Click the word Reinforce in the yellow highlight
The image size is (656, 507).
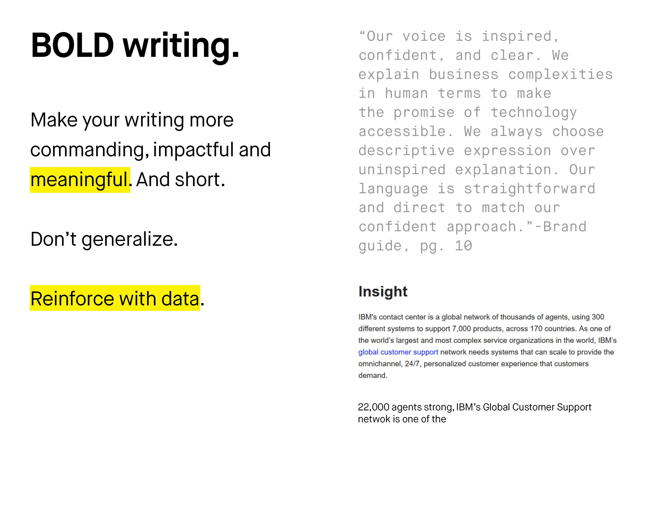pyautogui.click(x=72, y=299)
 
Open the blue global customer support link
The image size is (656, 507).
pyautogui.click(x=398, y=352)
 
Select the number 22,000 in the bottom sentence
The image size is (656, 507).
pyautogui.click(x=373, y=407)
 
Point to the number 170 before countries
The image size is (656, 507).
pyautogui.click(x=536, y=329)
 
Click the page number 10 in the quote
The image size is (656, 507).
pyautogui.click(x=463, y=246)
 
